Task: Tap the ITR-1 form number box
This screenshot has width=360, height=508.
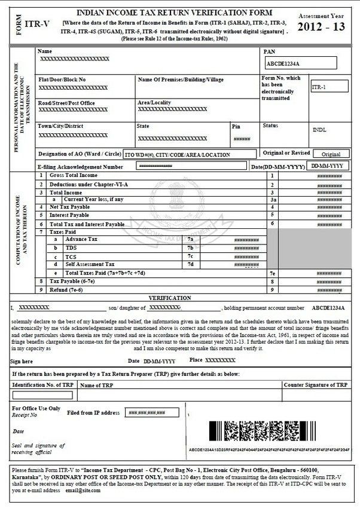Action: [330, 87]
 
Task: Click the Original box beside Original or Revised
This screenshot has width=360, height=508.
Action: [331, 154]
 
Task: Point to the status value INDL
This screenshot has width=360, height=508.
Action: [319, 130]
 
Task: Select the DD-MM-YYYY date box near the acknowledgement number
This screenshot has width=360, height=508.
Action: [327, 166]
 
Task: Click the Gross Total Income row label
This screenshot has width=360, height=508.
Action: [74, 176]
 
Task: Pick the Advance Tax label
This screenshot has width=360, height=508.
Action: [82, 238]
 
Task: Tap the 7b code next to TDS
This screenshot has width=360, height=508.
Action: [191, 247]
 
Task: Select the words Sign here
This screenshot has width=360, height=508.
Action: [23, 362]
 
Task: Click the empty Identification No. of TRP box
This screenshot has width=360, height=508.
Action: [42, 395]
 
